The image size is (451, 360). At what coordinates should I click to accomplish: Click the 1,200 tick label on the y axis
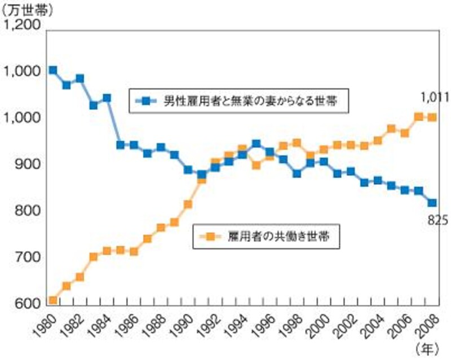22,25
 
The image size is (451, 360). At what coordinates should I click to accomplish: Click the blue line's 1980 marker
52,70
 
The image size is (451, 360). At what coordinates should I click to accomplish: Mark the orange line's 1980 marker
52,300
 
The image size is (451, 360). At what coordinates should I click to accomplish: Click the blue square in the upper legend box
145,101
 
